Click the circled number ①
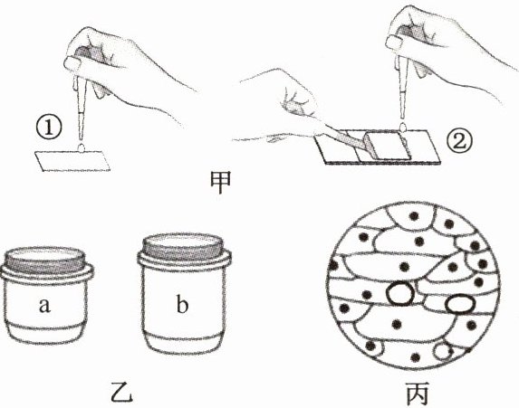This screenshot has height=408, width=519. click(x=49, y=128)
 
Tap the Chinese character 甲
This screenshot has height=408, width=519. click(x=221, y=182)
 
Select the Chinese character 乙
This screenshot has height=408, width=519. click(x=121, y=392)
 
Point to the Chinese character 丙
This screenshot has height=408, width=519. click(x=417, y=394)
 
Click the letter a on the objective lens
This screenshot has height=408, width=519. click(x=44, y=305)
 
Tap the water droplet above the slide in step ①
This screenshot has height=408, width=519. click(x=81, y=147)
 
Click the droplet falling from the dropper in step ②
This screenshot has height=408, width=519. click(x=403, y=127)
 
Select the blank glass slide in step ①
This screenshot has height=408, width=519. click(x=72, y=161)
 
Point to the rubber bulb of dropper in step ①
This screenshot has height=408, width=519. click(x=91, y=55)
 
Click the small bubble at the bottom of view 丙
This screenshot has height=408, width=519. click(x=443, y=352)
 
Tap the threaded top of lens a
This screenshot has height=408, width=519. click(x=45, y=261)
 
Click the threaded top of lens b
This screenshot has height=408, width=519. click(x=183, y=247)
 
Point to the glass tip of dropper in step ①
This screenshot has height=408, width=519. click(x=81, y=128)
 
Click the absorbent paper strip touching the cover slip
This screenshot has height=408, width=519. click(x=344, y=139)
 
